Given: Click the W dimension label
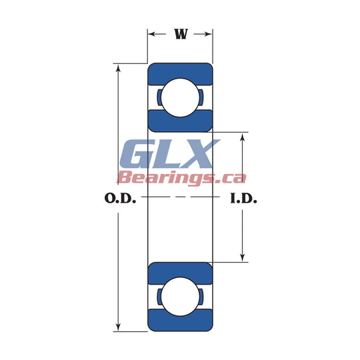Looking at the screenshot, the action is tap(181, 34).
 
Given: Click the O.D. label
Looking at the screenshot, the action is tap(120, 198).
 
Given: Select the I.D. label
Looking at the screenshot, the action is tap(243, 198).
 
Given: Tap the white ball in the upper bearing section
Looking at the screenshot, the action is tap(180, 97).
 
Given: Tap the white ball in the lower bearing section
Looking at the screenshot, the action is tap(180, 297).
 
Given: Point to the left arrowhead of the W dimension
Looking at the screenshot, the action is tap(152, 34).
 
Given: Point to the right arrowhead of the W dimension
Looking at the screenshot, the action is tap(208, 34).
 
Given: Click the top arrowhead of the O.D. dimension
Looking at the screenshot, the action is tap(118, 69).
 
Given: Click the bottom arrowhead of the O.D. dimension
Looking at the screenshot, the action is tap(118, 327).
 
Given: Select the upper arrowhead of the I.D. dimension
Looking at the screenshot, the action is tap(243, 137).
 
